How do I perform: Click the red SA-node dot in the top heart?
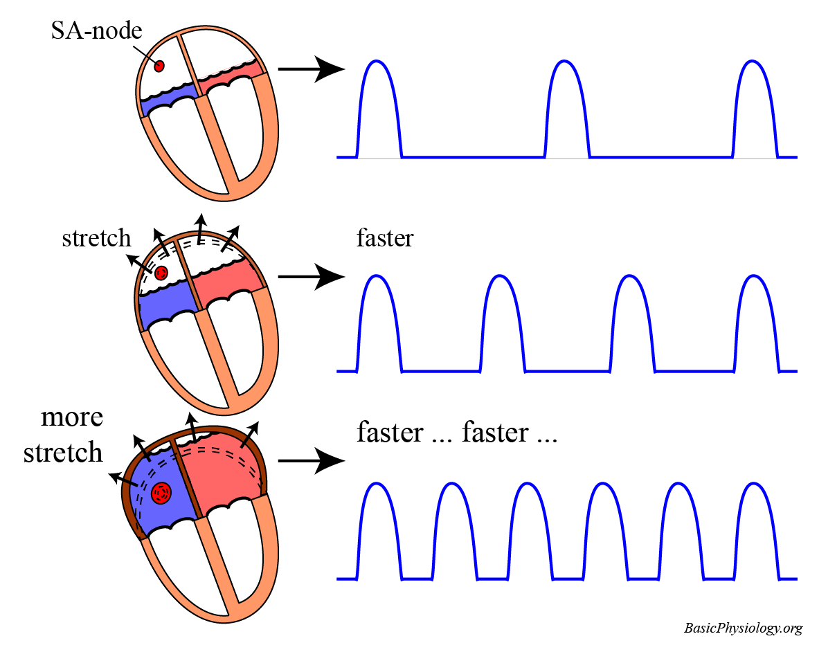pyautogui.click(x=159, y=66)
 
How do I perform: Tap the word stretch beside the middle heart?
pyautogui.click(x=96, y=238)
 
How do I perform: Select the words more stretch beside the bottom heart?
pyautogui.click(x=63, y=435)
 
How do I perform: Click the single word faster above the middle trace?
pyautogui.click(x=385, y=239)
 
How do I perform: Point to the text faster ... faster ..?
pyautogui.click(x=457, y=433)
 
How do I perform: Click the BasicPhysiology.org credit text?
pyautogui.click(x=743, y=628)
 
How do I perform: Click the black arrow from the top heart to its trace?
pyautogui.click(x=311, y=69)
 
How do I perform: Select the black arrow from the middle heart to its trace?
pyautogui.click(x=311, y=277)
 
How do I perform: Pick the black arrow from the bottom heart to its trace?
pyautogui.click(x=311, y=460)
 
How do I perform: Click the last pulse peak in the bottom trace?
pyautogui.click(x=755, y=483)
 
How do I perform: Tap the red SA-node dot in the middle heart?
pyautogui.click(x=161, y=273)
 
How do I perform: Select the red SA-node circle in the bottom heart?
pyautogui.click(x=162, y=493)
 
